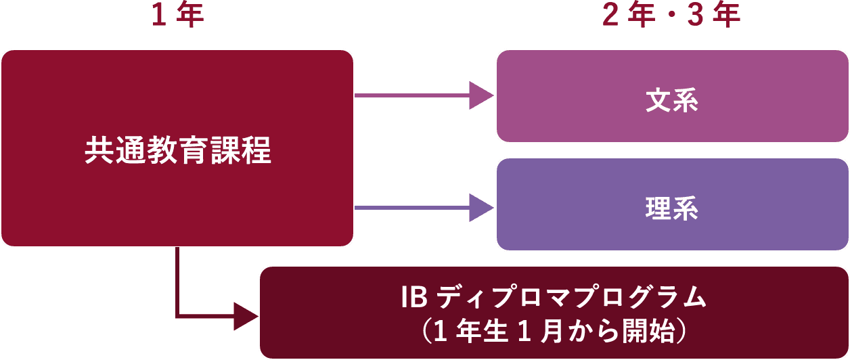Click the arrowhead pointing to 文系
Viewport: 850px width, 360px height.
[x=481, y=95]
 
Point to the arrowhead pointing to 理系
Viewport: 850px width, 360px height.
[x=481, y=207]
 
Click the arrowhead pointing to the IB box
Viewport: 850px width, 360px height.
[x=245, y=316]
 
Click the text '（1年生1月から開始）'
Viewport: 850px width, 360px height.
[x=554, y=331]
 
